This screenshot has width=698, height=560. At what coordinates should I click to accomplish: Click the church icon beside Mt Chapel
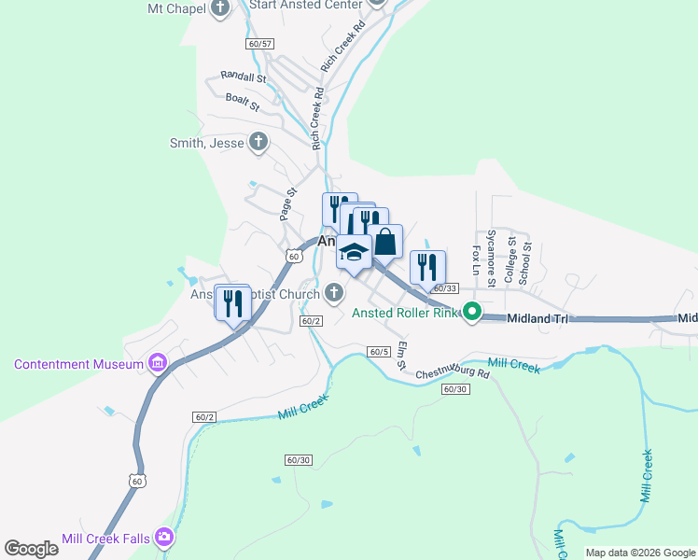220,9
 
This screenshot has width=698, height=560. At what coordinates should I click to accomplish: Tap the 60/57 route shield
260,44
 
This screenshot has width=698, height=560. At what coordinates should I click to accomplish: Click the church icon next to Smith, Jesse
259,143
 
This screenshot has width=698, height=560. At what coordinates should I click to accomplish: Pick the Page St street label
287,203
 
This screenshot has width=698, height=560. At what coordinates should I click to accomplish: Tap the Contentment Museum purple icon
157,362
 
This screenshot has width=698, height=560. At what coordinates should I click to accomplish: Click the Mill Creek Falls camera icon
165,537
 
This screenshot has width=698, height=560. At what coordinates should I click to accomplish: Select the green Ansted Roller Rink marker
472,313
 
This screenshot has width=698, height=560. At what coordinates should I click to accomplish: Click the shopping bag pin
384,242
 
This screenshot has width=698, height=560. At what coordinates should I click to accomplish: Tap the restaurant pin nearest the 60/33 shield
427,268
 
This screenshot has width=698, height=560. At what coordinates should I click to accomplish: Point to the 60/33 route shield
446,288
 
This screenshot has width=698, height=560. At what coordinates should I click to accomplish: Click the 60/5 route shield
378,352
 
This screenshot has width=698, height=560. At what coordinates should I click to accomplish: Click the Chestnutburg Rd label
452,371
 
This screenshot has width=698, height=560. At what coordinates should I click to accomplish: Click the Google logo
31,549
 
